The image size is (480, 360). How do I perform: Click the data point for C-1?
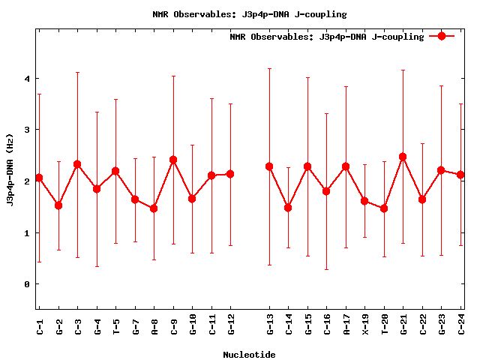pos(39,178)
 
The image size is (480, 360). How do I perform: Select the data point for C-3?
pos(77,164)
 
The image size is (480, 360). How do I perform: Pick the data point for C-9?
pos(173,160)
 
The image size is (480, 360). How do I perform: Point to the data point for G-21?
pos(403,157)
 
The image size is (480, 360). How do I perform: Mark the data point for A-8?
pos(154,208)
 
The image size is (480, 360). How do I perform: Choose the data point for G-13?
pos(269,166)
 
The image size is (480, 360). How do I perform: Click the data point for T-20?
pos(384,208)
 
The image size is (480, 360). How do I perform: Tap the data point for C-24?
pos(460,175)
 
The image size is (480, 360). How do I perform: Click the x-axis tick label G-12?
pos(231,325)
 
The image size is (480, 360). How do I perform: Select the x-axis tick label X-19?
pos(365,325)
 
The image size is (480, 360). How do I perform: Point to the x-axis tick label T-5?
pos(116,325)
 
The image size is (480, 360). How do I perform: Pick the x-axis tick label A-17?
pos(346,325)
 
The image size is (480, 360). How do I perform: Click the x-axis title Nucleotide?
pos(249,355)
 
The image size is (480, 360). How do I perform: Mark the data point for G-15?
pos(307,166)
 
